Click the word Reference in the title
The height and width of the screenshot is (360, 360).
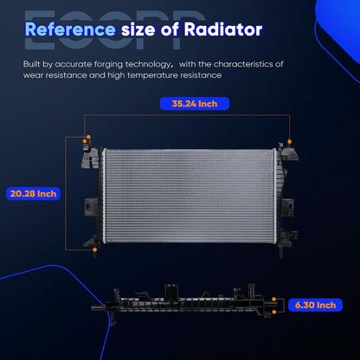pos(70,29)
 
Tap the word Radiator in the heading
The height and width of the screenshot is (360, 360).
pos(223,29)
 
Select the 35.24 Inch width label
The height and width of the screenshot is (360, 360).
pos(195,104)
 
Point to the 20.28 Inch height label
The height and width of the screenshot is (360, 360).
pos(33,194)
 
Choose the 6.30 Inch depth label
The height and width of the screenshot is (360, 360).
pos(315,305)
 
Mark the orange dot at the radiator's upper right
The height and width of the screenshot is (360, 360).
pos(289,141)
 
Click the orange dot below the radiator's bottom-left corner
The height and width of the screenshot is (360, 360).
pos(94,249)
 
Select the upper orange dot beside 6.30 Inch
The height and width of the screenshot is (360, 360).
pos(273,299)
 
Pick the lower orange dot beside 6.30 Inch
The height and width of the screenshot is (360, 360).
pos(273,312)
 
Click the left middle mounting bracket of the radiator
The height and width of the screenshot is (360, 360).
pos(91,207)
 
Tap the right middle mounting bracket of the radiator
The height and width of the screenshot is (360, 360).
pos(287,207)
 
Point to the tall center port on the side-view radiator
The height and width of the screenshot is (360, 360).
pos(171,292)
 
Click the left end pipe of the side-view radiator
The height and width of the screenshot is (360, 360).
pos(98,308)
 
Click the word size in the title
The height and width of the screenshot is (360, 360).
pos(138,29)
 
